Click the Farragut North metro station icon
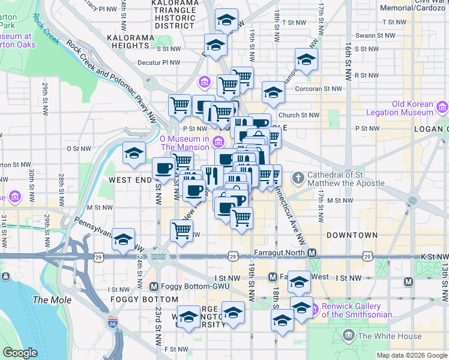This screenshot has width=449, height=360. [312, 253]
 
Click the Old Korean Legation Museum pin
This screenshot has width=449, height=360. [442, 108]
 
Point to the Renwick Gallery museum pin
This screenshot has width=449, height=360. [313, 310]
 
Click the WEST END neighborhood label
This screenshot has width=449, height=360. [128, 179]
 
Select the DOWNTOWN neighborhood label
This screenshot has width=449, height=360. [352, 235]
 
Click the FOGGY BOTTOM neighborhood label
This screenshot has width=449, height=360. [144, 299]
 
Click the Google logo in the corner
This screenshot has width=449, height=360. [20, 353]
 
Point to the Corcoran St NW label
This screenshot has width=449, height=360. [318, 89]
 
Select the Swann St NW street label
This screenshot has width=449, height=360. [373, 35]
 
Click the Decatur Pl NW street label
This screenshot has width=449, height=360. [158, 62]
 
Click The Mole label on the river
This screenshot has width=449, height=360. [52, 300]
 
